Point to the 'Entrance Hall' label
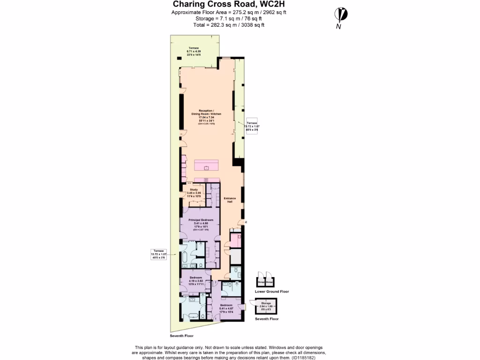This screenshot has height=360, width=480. (230, 200)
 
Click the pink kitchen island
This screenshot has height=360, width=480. (206, 165)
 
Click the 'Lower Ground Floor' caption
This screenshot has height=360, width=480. (271, 292)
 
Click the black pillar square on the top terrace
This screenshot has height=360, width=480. (178, 58)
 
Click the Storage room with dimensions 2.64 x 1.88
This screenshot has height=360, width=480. (266, 307)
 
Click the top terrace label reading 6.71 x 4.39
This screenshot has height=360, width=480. (194, 52)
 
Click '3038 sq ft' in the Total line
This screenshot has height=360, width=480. (252, 25)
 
